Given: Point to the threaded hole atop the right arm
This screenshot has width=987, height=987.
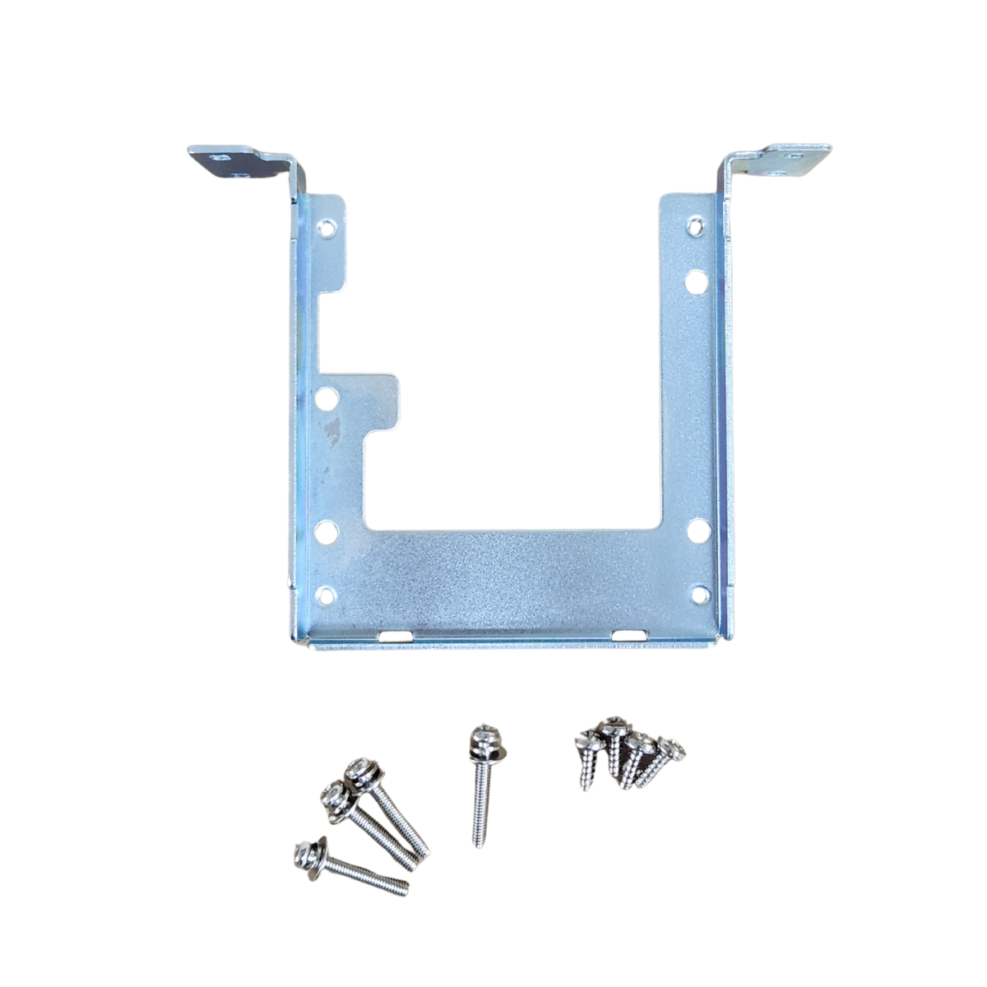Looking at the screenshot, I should pos(696,223).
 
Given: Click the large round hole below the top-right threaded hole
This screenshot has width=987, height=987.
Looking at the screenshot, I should pos(696,281).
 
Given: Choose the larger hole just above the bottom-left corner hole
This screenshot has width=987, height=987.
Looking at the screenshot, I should pos(327,531).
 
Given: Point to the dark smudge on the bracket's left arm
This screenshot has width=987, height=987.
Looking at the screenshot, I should pos(333,428).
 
